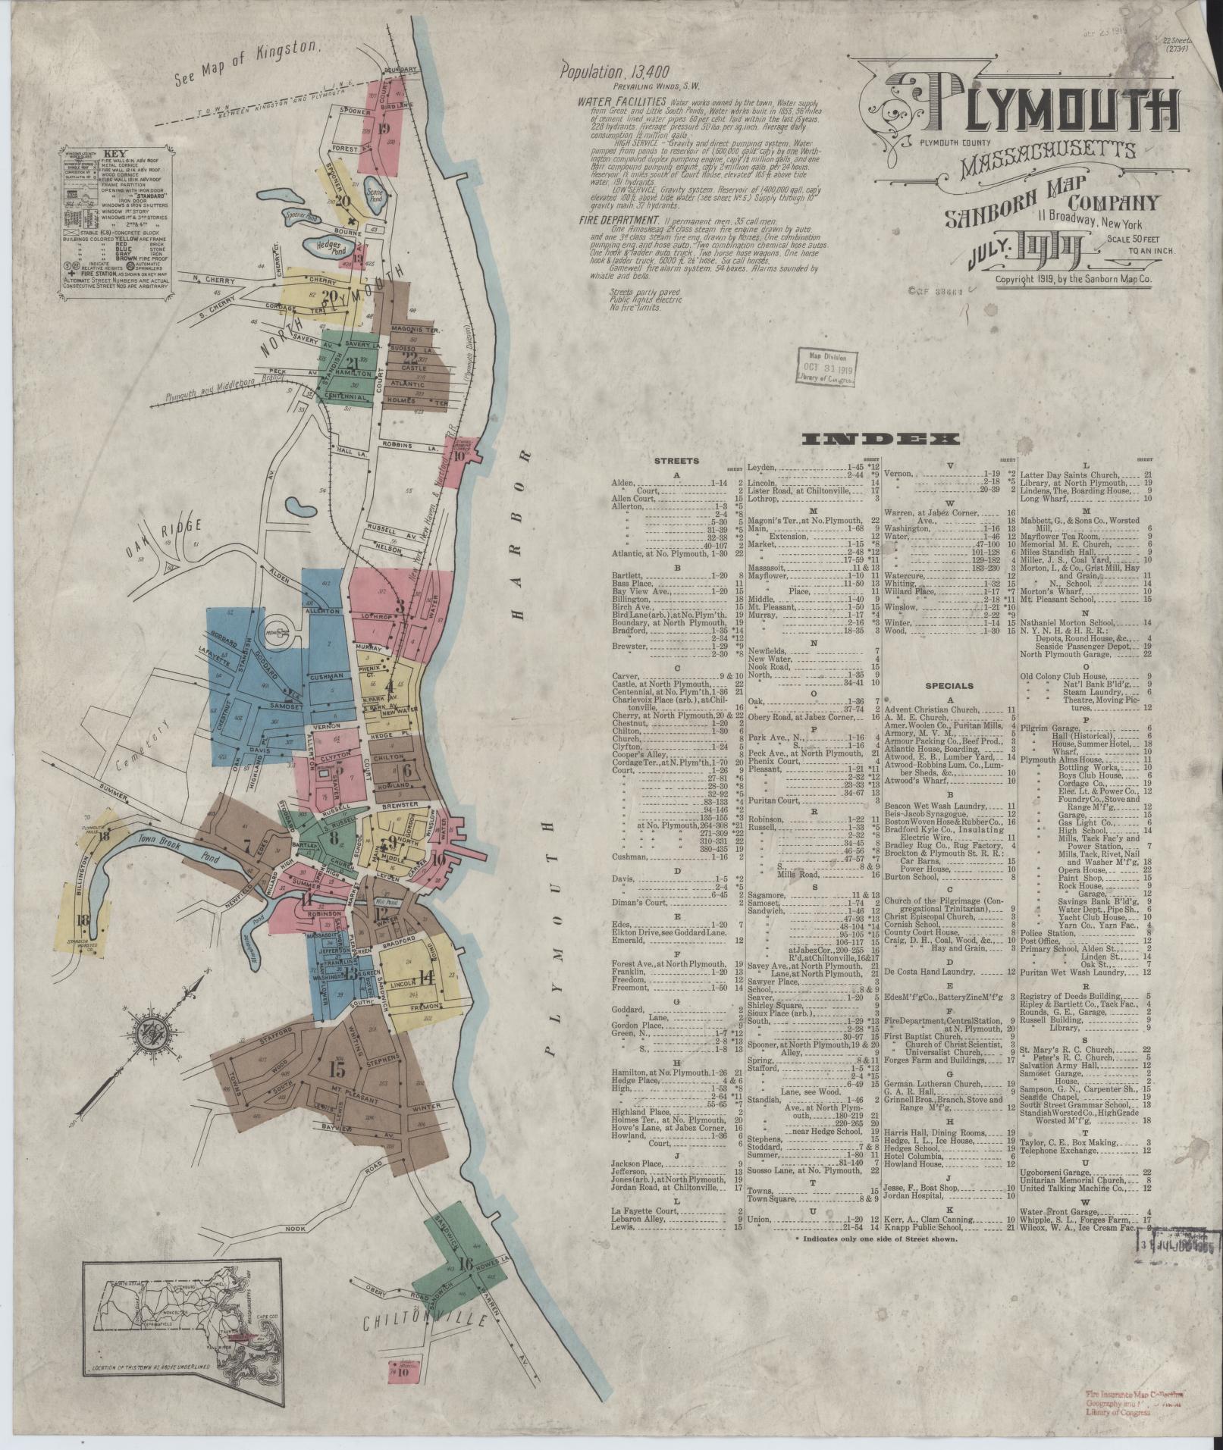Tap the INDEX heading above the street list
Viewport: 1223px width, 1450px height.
pos(880,440)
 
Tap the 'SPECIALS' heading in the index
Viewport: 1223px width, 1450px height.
pos(948,686)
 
